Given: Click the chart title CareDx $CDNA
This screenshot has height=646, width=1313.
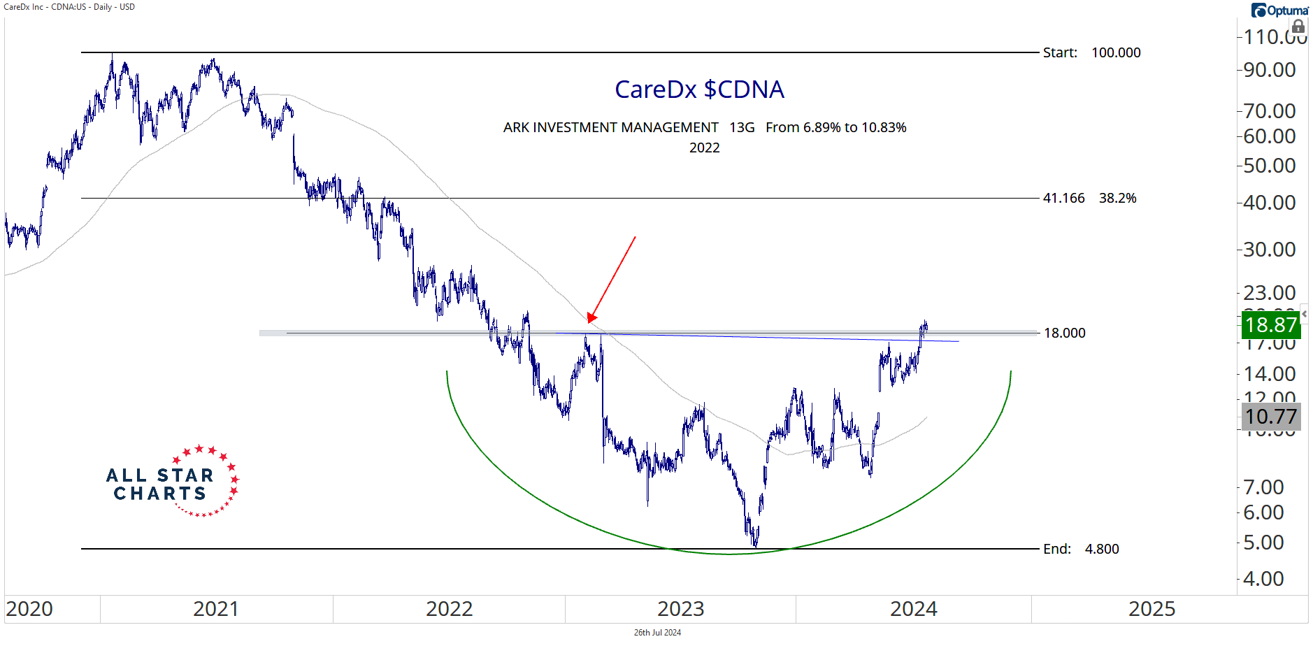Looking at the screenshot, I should tap(699, 89).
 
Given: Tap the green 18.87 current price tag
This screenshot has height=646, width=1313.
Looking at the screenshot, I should tap(1270, 324).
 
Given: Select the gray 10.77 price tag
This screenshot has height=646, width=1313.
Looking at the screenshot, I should tap(1270, 417).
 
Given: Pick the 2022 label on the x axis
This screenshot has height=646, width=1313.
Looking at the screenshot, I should tap(449, 609).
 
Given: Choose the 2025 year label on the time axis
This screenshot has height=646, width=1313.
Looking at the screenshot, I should tap(1151, 609).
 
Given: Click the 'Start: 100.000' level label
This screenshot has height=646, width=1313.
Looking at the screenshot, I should tap(1091, 52).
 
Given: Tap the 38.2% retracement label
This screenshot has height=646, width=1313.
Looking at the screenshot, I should tap(1117, 198).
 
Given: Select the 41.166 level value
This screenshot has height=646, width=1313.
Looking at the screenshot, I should tap(1063, 198).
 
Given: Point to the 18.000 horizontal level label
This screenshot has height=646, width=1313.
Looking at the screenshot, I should tap(1064, 333).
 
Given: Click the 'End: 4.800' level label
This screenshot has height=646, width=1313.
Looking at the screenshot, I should tap(1081, 549).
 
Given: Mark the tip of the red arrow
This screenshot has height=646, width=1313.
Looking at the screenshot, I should tap(589, 322).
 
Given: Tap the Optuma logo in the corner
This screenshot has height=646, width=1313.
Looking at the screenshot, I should tap(1279, 10).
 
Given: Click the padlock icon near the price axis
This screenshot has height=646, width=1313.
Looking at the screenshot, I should tap(1298, 27).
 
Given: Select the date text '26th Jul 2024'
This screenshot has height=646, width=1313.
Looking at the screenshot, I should tap(657, 633).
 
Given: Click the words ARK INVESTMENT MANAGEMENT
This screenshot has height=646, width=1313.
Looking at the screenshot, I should tap(610, 127).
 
